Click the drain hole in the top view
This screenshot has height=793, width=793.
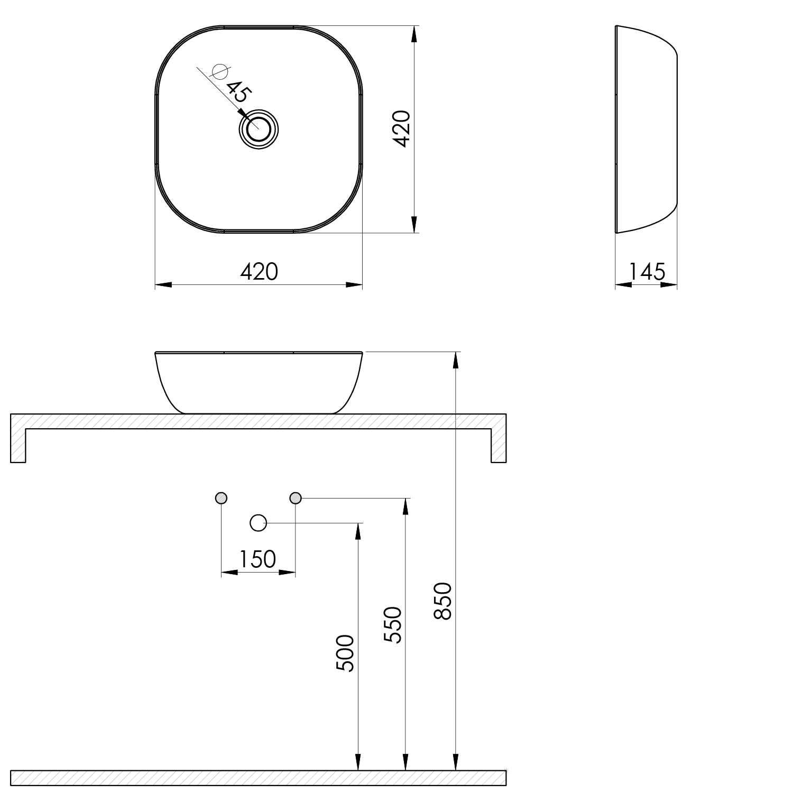tap(259, 129)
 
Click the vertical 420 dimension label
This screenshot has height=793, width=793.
tap(402, 129)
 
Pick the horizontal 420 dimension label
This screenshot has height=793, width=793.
tap(259, 272)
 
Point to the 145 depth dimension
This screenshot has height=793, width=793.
tap(647, 272)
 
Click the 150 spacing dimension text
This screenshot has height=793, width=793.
tap(258, 559)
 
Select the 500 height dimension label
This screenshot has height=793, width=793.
tap(345, 653)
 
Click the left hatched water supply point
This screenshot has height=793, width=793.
tap(222, 498)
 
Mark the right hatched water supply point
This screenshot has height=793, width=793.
tap(296, 498)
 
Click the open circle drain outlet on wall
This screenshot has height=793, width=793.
tap(258, 523)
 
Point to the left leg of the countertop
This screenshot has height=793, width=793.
tap(18, 444)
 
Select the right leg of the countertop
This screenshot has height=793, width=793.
tap(499, 444)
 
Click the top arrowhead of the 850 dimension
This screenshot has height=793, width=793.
tap(455, 359)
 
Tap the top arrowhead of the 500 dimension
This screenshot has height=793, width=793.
tap(358, 531)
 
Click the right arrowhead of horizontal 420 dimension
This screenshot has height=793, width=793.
tap(355, 285)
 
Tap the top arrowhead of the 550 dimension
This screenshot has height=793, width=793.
tap(405, 506)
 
